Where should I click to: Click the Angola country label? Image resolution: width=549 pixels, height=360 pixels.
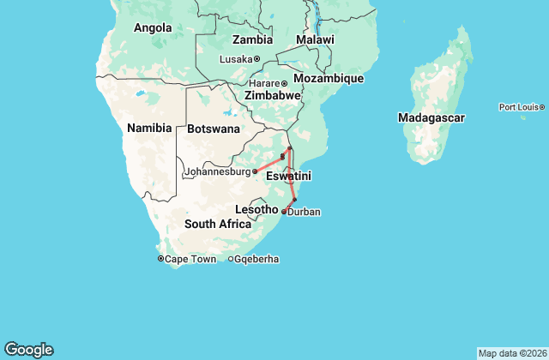(x=154, y=27)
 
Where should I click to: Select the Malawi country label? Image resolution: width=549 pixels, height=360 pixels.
(x=315, y=40)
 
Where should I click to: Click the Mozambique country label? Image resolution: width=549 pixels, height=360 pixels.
(x=329, y=78)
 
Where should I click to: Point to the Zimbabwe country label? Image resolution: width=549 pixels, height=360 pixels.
(x=272, y=95)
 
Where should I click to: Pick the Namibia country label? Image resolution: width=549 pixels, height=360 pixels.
(x=148, y=128)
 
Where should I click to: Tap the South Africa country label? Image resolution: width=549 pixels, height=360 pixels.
(x=218, y=224)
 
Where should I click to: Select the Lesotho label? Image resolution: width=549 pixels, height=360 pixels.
(x=256, y=209)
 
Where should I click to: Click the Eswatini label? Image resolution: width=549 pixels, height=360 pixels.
(x=288, y=176)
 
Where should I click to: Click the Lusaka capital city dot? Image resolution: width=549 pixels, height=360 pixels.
(x=256, y=58)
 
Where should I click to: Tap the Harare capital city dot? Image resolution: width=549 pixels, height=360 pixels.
(x=285, y=83)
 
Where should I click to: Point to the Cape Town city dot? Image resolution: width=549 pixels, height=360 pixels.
(x=160, y=259)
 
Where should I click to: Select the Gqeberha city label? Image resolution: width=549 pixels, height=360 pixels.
(x=255, y=259)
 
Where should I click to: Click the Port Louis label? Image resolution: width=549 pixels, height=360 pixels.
(x=518, y=107)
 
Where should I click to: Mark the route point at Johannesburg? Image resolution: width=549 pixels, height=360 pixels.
(x=255, y=171)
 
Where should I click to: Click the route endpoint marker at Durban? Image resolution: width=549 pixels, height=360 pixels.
(x=284, y=211)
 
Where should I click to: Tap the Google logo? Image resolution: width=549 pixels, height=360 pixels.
(x=28, y=349)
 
